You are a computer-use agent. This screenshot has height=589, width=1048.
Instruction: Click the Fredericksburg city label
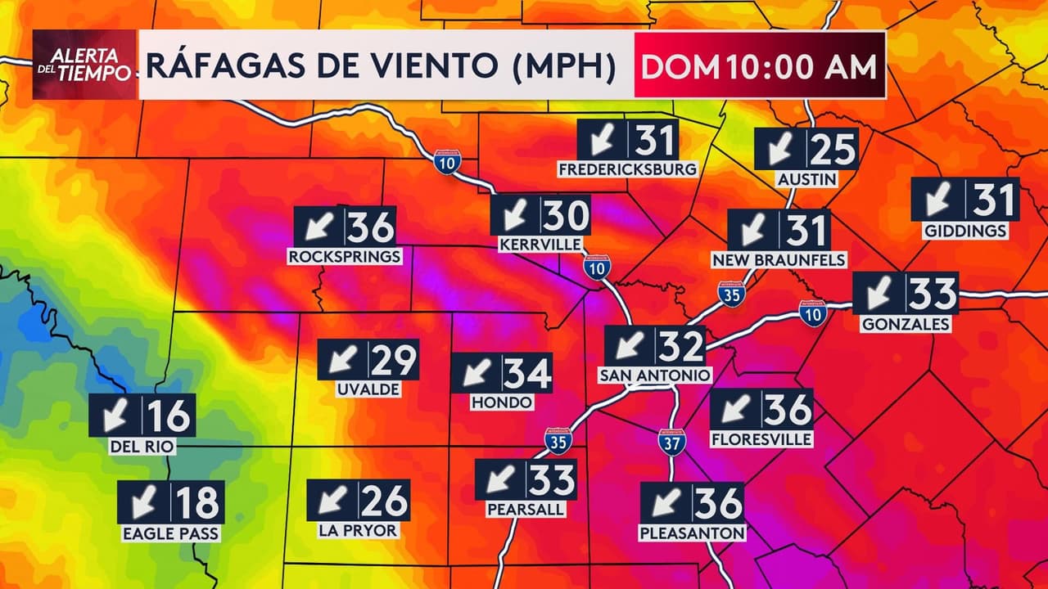[x=627, y=169]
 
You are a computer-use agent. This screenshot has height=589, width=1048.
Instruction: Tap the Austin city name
[x=806, y=179]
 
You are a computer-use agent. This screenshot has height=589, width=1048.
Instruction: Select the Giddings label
[x=965, y=231]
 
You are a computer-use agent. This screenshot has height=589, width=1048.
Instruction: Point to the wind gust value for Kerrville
[x=566, y=215]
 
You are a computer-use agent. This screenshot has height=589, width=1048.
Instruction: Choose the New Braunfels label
[x=779, y=260]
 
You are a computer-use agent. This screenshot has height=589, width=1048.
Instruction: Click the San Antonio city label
[x=655, y=375]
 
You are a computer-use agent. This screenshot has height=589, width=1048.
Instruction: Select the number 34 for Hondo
[x=526, y=374]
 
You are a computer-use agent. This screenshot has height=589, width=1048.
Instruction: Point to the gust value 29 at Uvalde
[x=394, y=360]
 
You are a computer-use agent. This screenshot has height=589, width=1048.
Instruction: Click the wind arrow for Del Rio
[x=115, y=416]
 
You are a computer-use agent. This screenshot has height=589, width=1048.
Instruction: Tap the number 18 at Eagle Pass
[x=197, y=502]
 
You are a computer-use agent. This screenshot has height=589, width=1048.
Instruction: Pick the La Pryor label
[x=358, y=530]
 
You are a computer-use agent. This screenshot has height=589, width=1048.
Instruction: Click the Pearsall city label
[x=526, y=509]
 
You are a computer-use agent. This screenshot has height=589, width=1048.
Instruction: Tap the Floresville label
[x=761, y=439]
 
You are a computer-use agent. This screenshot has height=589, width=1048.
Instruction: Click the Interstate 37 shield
[x=671, y=441]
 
